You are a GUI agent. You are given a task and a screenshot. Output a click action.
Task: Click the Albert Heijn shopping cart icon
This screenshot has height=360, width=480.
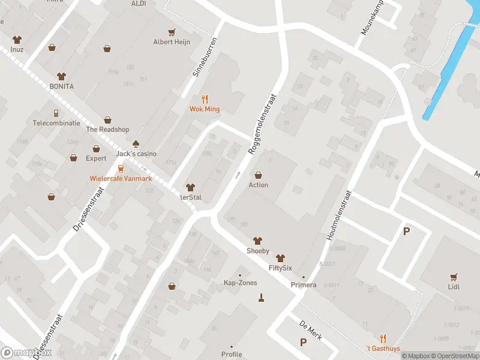(x=172, y=32)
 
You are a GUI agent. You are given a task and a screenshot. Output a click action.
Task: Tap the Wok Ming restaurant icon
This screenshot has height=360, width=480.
(x=205, y=100)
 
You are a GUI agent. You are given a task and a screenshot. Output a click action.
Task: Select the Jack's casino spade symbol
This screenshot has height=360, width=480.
(x=136, y=143)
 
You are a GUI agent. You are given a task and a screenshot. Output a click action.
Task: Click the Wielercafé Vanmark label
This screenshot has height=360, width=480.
(x=121, y=178)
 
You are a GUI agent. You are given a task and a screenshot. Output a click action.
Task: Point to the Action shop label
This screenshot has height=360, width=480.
(x=258, y=185)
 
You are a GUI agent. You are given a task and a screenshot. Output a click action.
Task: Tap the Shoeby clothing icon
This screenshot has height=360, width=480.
(x=258, y=241)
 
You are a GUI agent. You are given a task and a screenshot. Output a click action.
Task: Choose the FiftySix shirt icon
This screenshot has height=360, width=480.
(x=280, y=257)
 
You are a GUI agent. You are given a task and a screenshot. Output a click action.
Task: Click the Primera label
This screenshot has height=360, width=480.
(x=304, y=284)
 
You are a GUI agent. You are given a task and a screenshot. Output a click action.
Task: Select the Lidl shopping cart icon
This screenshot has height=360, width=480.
(x=454, y=277)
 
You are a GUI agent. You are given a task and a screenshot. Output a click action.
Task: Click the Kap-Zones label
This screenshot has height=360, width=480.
(x=240, y=283)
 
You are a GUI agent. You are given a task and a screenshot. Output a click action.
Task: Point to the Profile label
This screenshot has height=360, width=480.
(x=232, y=354)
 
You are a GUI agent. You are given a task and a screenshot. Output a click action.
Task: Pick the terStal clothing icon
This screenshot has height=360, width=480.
(x=190, y=188)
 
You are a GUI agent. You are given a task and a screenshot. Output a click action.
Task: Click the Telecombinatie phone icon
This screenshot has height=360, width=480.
(x=56, y=113)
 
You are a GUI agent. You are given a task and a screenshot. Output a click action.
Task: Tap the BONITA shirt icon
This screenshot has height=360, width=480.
(x=61, y=76)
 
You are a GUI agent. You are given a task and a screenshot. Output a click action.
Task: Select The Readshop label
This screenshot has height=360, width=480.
(x=107, y=129)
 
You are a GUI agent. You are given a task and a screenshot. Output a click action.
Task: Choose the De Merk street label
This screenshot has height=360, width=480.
(x=311, y=329)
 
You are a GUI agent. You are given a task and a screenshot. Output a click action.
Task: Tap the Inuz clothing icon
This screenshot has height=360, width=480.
(x=17, y=40)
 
